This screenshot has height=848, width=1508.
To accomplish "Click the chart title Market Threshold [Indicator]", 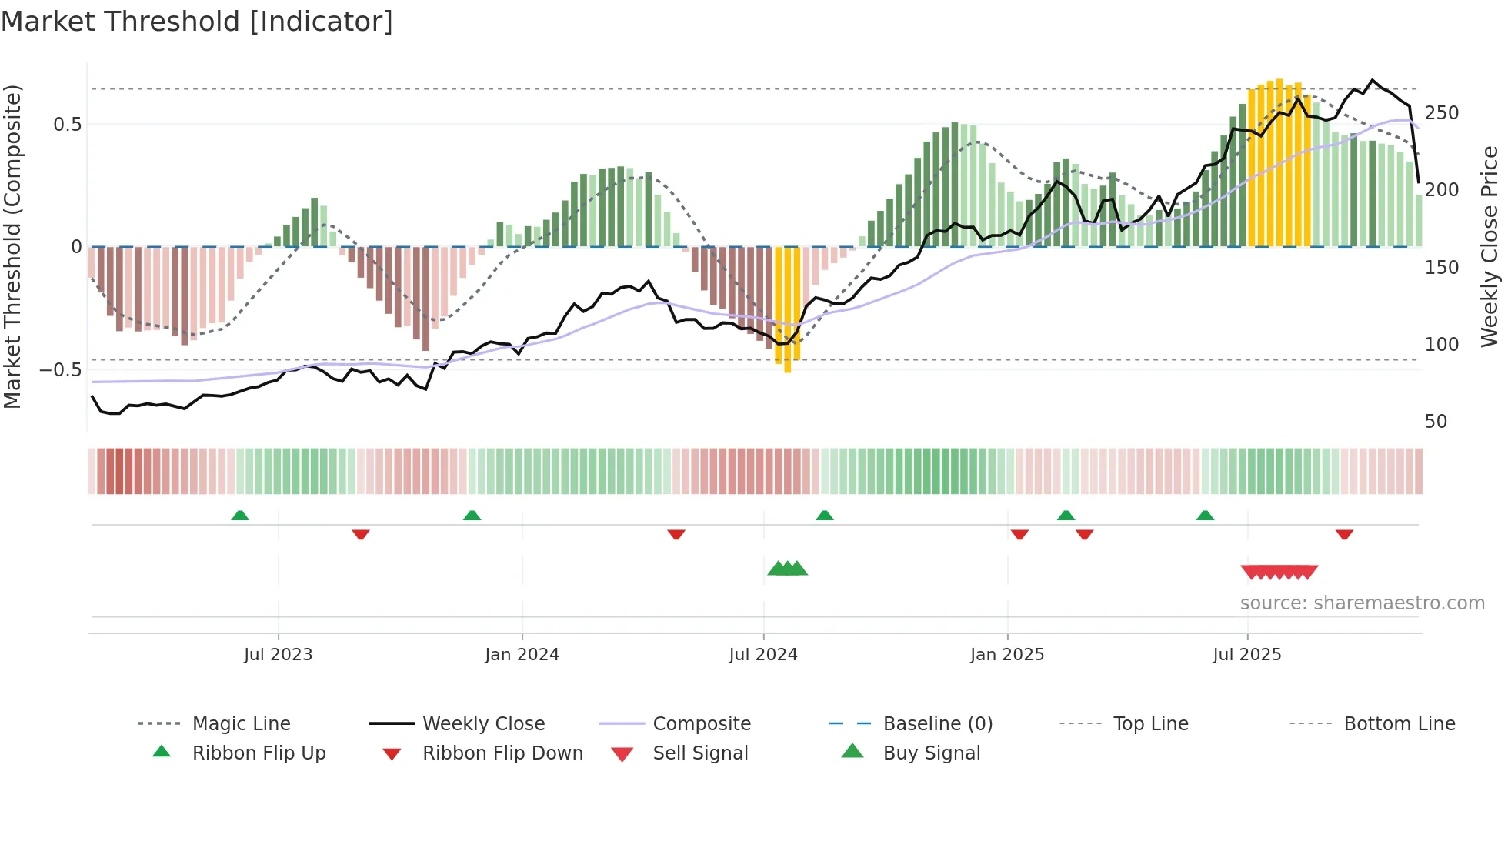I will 197,22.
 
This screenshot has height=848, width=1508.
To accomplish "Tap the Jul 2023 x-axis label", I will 278,655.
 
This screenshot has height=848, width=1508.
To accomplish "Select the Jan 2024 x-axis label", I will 522,655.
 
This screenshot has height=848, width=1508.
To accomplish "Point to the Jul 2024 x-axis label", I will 762,655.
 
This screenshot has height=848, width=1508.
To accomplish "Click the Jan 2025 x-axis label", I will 1006,655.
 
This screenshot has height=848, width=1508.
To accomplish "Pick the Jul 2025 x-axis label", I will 1246,655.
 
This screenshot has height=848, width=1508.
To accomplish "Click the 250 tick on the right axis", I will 1441,113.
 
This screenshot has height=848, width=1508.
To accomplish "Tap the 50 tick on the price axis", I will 1436,422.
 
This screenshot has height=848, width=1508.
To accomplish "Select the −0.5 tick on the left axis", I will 61,370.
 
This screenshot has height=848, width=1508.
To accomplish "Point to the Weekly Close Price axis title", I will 1490,246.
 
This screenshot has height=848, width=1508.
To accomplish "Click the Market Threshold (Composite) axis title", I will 12,246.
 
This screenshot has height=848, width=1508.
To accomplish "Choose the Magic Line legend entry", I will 241,724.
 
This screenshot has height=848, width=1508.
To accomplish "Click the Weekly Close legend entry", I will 483,724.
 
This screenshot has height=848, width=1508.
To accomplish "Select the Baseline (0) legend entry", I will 937,724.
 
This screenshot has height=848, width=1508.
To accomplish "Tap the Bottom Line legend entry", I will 1399,724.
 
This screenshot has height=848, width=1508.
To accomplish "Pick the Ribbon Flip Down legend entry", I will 502,753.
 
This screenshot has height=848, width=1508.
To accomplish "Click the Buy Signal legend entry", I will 931,753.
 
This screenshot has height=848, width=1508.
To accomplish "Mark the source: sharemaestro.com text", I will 1362,603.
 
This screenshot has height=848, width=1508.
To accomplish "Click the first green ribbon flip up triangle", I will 240,516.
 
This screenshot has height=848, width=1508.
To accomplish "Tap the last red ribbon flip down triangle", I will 1344,534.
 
